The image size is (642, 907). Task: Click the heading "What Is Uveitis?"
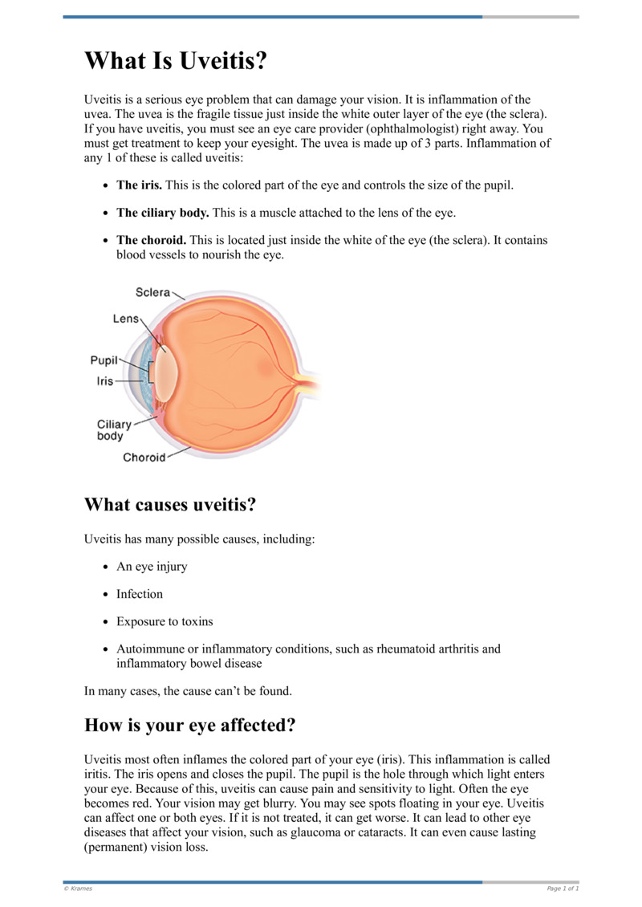point(175,60)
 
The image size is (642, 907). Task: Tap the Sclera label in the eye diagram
point(152,293)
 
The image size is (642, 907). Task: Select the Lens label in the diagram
point(126,319)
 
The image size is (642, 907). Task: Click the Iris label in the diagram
point(105,381)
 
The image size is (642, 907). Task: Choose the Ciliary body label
point(114,430)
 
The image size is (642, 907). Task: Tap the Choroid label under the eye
point(144,458)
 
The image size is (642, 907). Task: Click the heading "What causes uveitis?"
point(170,506)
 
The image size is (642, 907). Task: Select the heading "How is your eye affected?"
point(190,726)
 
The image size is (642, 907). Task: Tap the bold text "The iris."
point(140,185)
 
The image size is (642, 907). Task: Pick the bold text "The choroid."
point(152,240)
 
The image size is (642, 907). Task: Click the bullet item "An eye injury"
point(152,567)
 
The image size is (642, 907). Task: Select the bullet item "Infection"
point(140,594)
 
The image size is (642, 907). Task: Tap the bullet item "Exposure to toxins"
point(165,621)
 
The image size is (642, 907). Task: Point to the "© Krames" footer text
point(78,889)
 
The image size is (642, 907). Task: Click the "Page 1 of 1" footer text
point(562,889)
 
